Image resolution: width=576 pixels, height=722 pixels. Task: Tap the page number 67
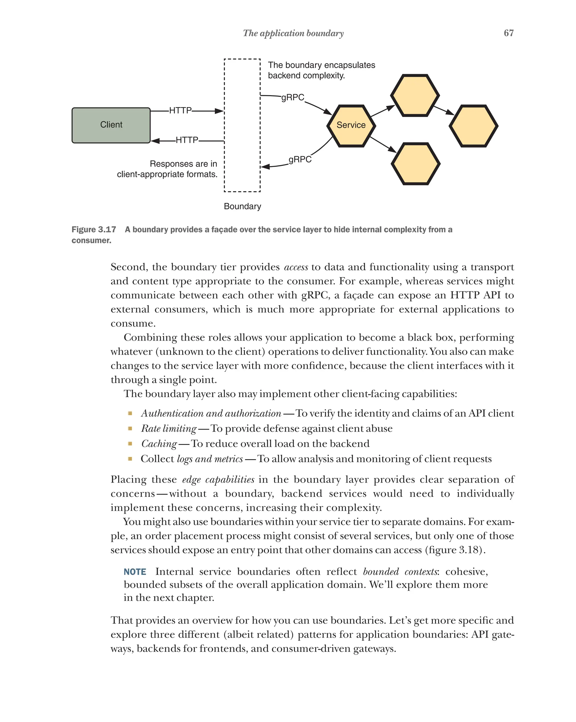tap(508, 33)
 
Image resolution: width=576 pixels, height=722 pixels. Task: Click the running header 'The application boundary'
tap(293, 33)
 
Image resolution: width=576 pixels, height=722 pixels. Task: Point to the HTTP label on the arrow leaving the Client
tap(180, 110)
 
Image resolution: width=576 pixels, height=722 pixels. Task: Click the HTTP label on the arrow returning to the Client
tap(187, 140)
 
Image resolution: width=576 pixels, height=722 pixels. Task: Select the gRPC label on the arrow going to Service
tap(292, 98)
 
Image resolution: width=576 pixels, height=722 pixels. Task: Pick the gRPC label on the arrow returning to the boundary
tap(300, 159)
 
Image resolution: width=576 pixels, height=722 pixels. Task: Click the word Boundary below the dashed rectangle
tap(242, 206)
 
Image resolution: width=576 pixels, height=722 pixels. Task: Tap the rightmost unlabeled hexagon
tap(473, 126)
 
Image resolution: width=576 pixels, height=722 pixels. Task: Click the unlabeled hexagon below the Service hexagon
tap(415, 164)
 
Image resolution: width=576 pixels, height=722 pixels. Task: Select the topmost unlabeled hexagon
tap(415, 96)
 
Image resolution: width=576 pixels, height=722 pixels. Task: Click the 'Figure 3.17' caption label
tap(94, 229)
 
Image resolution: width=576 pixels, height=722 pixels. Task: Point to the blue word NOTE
tap(135, 572)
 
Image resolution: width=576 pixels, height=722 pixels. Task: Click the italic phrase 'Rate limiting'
tap(168, 428)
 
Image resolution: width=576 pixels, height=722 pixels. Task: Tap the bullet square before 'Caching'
tap(130, 443)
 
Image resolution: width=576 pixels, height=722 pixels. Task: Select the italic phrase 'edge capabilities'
tap(218, 479)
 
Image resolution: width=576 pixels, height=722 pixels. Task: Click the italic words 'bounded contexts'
tap(400, 572)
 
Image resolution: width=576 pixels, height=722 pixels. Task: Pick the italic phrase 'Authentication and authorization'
tap(211, 413)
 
